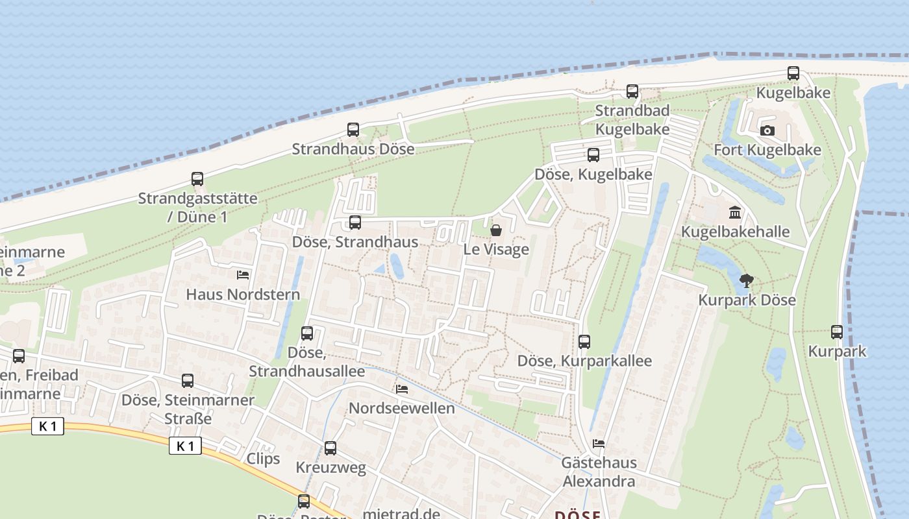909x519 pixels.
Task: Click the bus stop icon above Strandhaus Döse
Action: click(x=353, y=130)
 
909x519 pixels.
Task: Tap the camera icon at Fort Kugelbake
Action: click(x=767, y=131)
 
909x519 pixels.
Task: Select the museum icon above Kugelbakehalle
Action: click(x=735, y=212)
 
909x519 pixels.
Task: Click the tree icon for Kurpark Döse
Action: click(x=747, y=281)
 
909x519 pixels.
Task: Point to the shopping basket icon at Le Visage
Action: click(x=496, y=230)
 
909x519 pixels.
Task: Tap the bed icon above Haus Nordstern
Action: click(x=243, y=275)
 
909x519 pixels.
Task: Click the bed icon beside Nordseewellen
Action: click(x=402, y=389)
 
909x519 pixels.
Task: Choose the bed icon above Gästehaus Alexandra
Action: click(x=599, y=444)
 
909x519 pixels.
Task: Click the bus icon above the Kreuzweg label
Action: click(x=330, y=448)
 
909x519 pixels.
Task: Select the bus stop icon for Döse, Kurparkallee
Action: click(x=584, y=341)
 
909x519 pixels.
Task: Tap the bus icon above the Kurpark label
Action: click(x=837, y=332)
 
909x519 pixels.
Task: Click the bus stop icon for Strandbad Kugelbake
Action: click(x=632, y=91)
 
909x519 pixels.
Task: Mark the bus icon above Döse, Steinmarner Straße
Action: click(x=188, y=381)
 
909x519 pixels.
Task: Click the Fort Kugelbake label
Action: click(x=767, y=150)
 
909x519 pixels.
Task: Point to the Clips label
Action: click(x=263, y=459)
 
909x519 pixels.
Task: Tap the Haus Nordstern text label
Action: click(x=243, y=295)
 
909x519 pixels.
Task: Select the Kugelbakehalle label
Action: click(x=735, y=232)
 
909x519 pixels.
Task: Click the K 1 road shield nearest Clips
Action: click(x=185, y=446)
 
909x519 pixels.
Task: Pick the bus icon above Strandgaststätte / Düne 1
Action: click(x=197, y=179)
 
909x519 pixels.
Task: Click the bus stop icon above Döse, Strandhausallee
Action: click(x=307, y=333)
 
